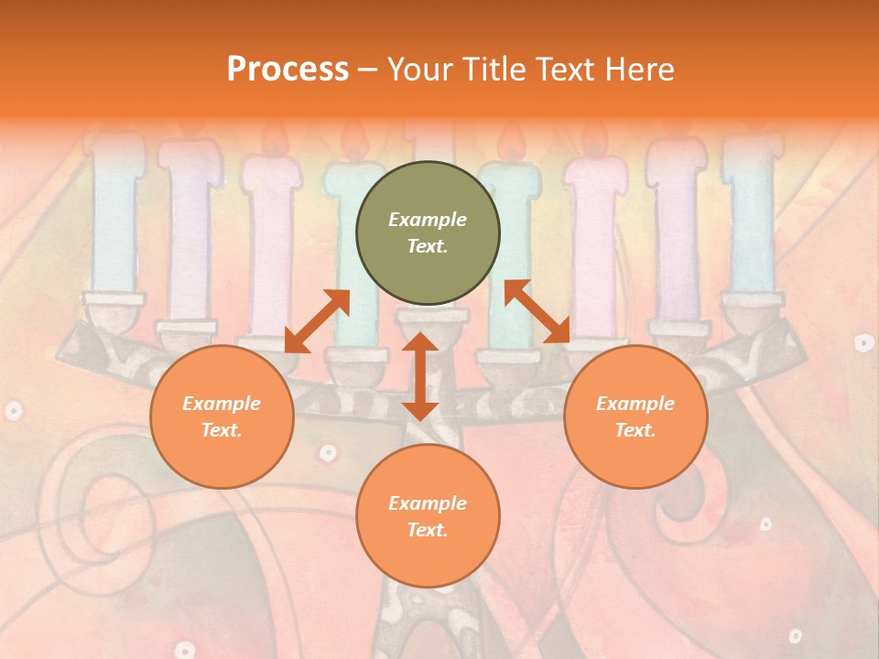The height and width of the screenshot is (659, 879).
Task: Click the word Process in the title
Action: [x=288, y=70]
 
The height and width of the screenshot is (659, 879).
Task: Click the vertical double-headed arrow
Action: [x=420, y=376]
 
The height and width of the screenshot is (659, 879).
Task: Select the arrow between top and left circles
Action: [x=317, y=321]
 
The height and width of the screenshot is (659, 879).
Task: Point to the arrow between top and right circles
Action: [x=537, y=312]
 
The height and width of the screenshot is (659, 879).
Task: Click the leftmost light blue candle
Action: [x=115, y=220]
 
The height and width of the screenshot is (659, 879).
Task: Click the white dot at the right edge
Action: [x=863, y=343]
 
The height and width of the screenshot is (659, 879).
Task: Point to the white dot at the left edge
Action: [x=13, y=411]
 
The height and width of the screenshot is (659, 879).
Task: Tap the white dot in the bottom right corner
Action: [x=795, y=635]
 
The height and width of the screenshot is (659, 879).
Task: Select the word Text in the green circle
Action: [x=427, y=247]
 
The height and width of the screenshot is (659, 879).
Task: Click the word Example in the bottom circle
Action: [x=428, y=503]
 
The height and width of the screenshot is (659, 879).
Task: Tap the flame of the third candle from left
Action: [x=274, y=139]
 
